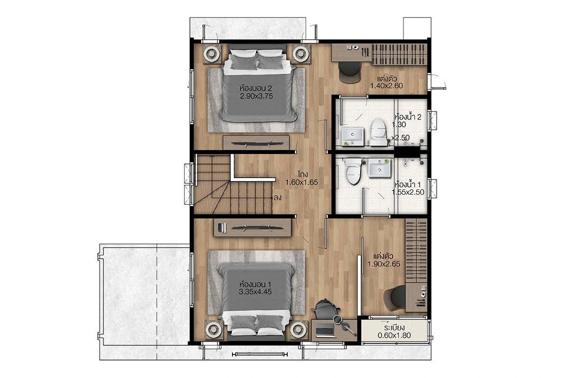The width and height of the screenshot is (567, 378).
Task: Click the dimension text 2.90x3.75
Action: tap(256, 96)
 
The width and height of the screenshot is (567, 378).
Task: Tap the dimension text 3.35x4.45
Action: tap(255, 292)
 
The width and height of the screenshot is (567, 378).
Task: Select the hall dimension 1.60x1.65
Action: tap(301, 182)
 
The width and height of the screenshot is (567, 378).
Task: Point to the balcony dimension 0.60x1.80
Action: tap(394, 335)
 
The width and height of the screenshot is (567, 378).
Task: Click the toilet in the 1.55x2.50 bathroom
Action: tap(353, 171)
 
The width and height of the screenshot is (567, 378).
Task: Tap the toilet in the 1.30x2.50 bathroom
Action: tap(378, 132)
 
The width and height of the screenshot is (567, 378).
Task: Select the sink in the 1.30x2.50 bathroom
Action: tap(352, 137)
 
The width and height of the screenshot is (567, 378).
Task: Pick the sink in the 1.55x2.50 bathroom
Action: tap(379, 168)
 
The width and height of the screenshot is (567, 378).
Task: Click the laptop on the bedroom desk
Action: tap(325, 330)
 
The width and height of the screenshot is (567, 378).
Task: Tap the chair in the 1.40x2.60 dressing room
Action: tap(350, 72)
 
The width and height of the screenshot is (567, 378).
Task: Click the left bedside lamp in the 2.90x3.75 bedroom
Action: tap(212, 54)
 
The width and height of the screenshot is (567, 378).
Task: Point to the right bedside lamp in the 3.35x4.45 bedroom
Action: tap(299, 329)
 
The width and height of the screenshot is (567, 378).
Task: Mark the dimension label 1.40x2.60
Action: tap(387, 86)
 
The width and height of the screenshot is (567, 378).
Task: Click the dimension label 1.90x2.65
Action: tap(384, 264)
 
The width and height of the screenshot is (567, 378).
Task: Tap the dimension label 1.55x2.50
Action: tap(408, 192)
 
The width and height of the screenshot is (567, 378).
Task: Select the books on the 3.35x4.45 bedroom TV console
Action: tap(222, 228)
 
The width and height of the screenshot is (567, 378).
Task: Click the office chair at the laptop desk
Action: tap(326, 309)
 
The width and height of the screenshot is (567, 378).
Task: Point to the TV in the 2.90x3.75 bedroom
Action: tap(258, 144)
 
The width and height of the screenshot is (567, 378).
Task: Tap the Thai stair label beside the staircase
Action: tap(277, 198)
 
